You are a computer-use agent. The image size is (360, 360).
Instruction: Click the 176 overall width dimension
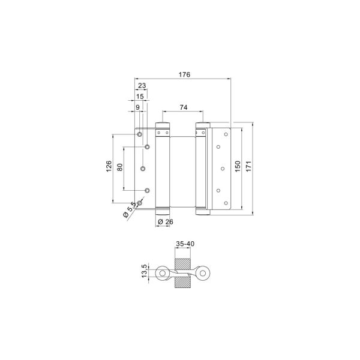point(185,74)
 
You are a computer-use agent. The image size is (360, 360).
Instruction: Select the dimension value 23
point(142,86)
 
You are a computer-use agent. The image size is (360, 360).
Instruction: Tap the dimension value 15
point(140,97)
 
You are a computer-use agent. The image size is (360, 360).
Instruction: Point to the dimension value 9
point(137,107)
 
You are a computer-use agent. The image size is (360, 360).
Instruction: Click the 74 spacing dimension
point(184,107)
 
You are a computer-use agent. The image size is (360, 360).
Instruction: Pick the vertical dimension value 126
point(109,166)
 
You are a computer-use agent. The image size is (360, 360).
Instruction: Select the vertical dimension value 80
point(120,167)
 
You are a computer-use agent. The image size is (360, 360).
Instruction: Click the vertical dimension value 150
point(238,166)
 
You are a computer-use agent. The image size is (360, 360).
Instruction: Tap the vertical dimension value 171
point(249,166)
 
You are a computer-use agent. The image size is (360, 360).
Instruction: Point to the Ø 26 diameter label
point(166,222)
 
